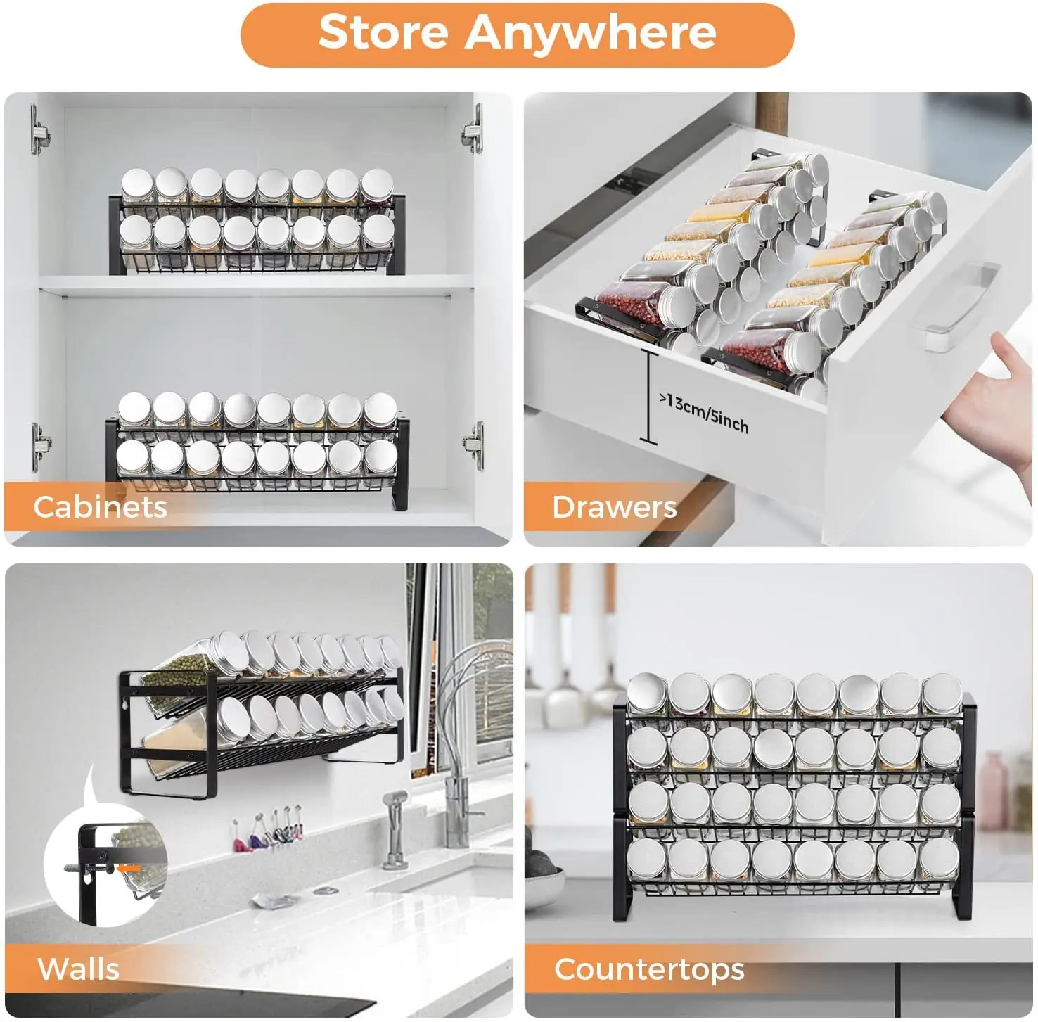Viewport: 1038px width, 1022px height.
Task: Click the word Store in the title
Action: pyautogui.click(x=383, y=32)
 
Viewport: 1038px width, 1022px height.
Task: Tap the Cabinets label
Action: pyautogui.click(x=100, y=506)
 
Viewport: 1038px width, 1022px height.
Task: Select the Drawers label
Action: pyautogui.click(x=614, y=506)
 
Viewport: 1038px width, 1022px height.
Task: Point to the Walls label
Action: pyautogui.click(x=78, y=969)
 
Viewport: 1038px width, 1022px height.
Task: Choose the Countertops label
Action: pyautogui.click(x=648, y=969)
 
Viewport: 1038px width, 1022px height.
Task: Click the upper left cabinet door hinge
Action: pyautogui.click(x=40, y=130)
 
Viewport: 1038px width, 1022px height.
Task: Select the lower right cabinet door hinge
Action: pyautogui.click(x=475, y=445)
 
